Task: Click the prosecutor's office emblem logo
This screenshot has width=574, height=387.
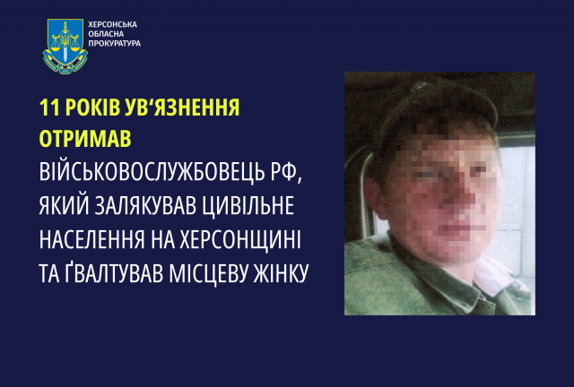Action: tap(64, 46)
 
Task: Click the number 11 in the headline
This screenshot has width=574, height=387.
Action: tap(50, 108)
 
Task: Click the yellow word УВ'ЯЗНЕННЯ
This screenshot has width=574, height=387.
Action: tap(189, 108)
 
